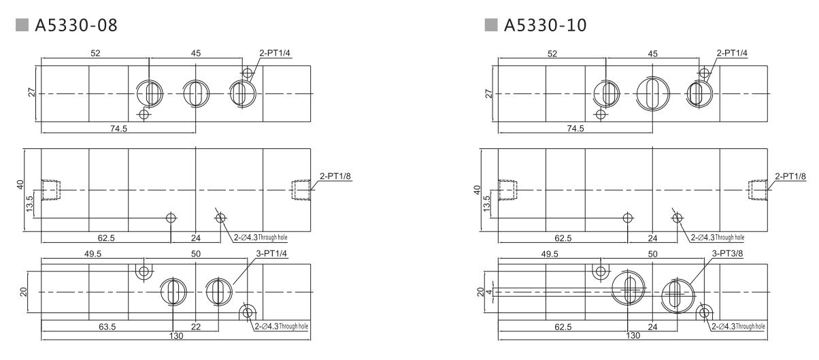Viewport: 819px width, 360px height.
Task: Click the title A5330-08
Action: pyautogui.click(x=65, y=26)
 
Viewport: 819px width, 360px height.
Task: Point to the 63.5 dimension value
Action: pyautogui.click(x=107, y=327)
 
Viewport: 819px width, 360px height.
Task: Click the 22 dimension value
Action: pyautogui.click(x=196, y=327)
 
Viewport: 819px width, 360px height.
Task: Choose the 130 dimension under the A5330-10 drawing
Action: pyautogui.click(x=633, y=336)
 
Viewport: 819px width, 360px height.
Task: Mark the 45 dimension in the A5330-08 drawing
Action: pyautogui.click(x=196, y=54)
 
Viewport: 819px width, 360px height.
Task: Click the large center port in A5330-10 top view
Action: pyautogui.click(x=652, y=93)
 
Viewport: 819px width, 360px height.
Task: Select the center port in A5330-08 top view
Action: pyautogui.click(x=195, y=93)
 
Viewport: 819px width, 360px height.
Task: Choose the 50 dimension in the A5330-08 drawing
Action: pyautogui.click(x=196, y=254)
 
